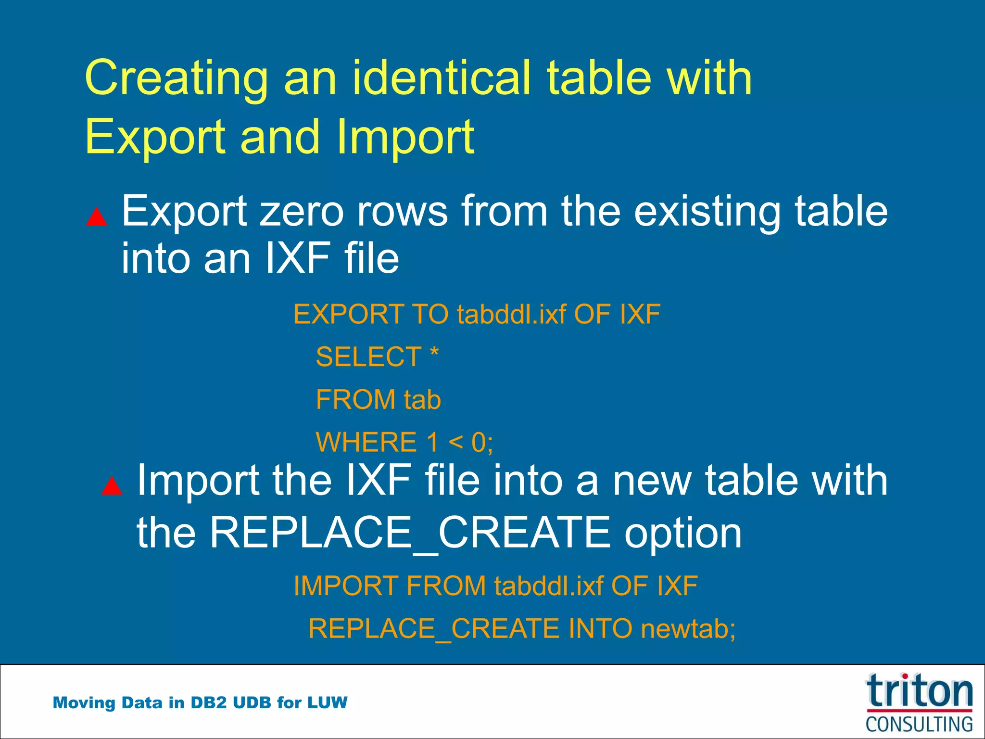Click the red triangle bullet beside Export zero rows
coord(97,217)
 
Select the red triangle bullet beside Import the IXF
coord(112,486)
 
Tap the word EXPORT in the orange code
coord(347,315)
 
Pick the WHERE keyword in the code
coord(366,442)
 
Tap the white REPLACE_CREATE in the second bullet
coord(410,533)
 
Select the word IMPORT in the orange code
coord(345,586)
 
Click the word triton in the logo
coord(919,692)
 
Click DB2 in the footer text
coord(208,703)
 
